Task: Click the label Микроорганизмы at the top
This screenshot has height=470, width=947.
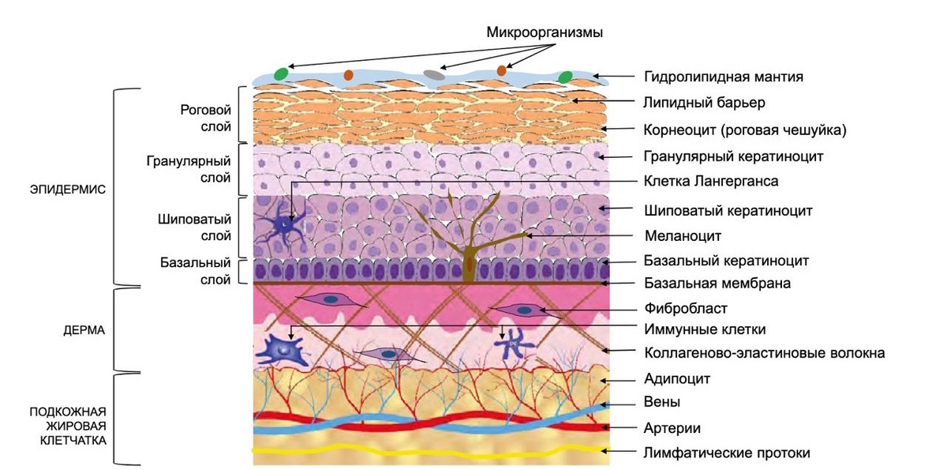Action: (x=545, y=32)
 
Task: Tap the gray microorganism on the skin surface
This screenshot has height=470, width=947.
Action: (x=434, y=75)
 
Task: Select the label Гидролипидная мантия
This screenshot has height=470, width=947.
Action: (x=724, y=77)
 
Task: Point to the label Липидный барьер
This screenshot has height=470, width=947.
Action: (x=704, y=103)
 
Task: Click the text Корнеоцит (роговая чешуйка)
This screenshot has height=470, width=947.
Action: (x=745, y=130)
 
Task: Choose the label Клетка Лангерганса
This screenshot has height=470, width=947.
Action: (x=711, y=181)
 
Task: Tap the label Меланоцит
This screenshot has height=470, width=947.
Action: (x=683, y=235)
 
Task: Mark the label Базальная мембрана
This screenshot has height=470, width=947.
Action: (x=717, y=283)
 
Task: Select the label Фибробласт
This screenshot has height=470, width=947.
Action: (x=686, y=308)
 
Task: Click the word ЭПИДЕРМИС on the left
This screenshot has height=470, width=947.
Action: (x=68, y=190)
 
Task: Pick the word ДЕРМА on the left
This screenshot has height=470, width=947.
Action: (x=84, y=330)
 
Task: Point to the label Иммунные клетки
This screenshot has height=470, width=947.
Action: (x=705, y=329)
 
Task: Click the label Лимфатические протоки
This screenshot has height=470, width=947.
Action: (x=727, y=453)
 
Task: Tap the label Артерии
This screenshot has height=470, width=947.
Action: (x=672, y=428)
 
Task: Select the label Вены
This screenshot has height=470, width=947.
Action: (x=661, y=402)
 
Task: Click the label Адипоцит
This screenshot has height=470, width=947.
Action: (x=677, y=378)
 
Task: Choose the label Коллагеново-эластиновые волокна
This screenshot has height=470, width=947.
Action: (x=765, y=353)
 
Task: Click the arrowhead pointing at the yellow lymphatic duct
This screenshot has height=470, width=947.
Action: (x=605, y=451)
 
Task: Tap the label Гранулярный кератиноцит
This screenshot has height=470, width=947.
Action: (x=733, y=156)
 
